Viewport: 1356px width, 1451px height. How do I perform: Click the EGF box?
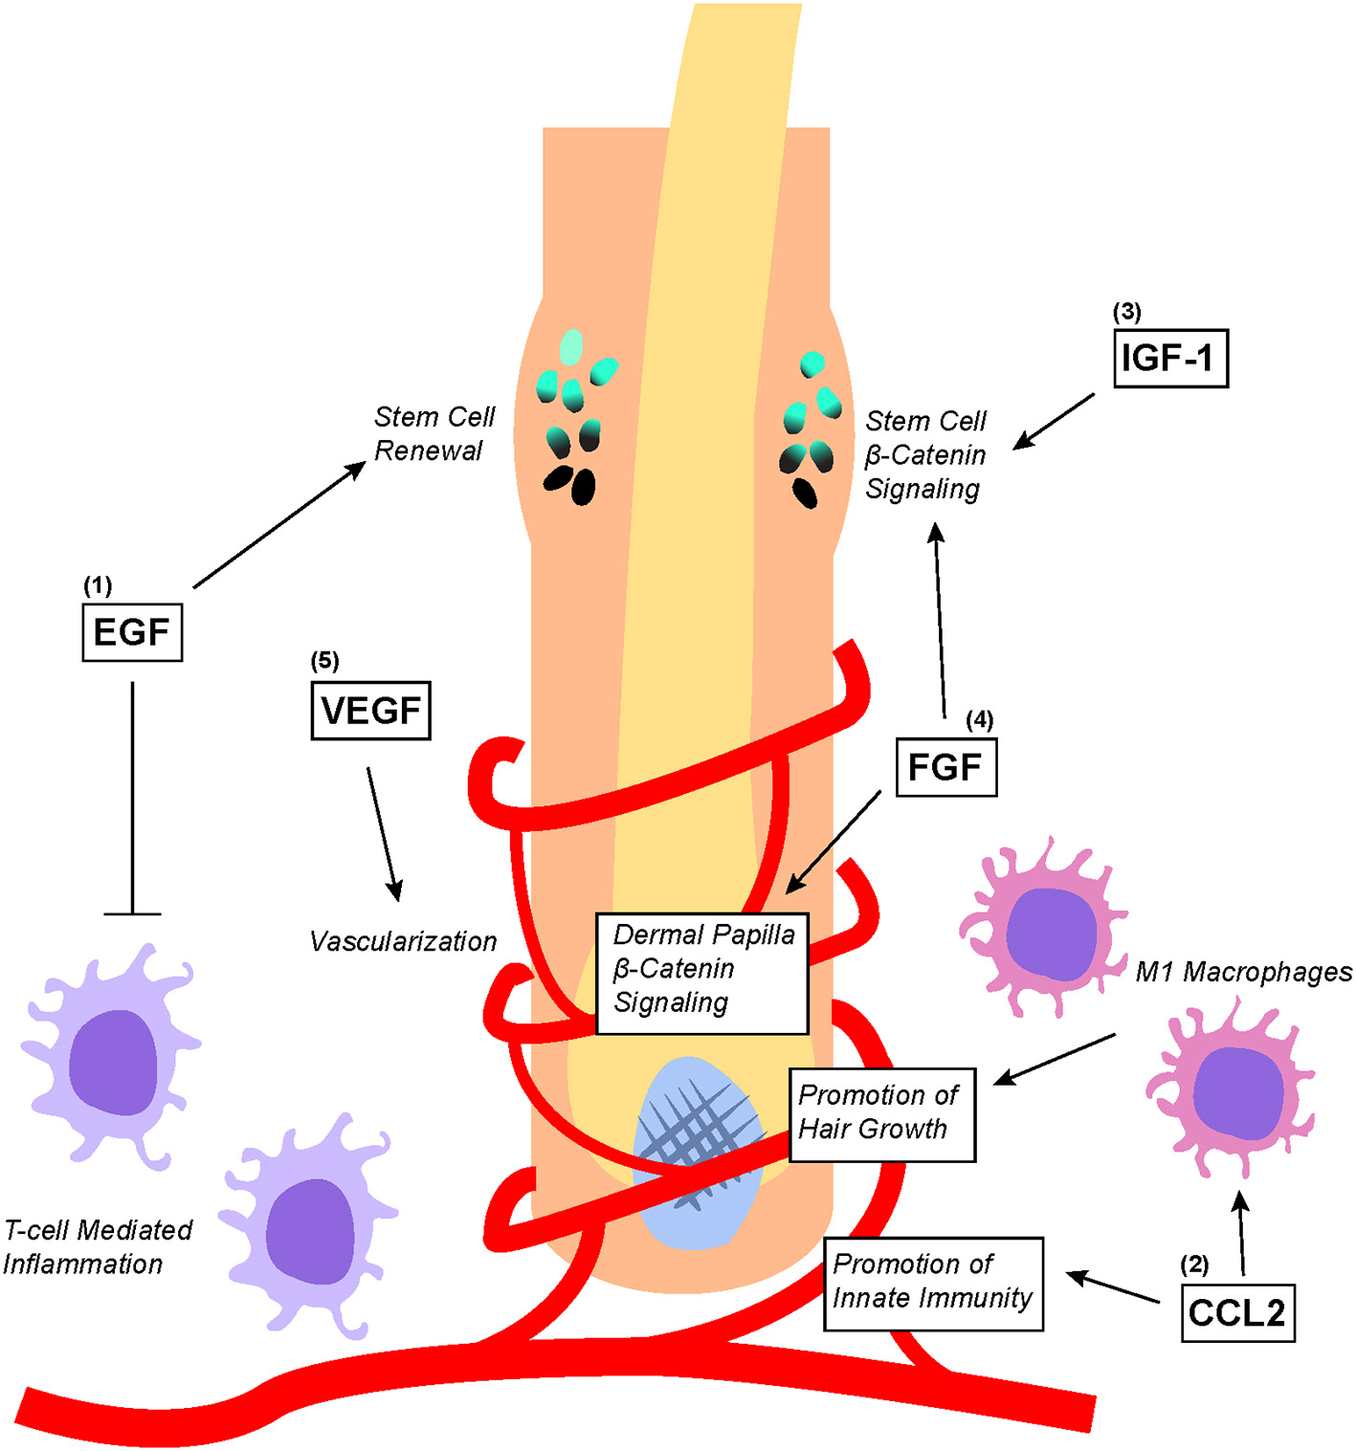coord(132,632)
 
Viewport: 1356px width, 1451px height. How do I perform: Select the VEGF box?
coord(371,711)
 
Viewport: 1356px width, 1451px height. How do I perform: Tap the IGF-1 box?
coord(1170,359)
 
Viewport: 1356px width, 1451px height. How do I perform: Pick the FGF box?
coord(945,767)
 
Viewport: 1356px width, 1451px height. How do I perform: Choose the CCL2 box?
coord(1236,1312)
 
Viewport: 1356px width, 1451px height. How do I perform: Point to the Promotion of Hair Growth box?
coord(881,1114)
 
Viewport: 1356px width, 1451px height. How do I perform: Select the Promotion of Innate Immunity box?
coord(933,1284)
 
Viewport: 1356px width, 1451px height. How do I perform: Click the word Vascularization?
coord(403,942)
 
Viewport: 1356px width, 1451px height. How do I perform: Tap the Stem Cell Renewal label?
coord(433,433)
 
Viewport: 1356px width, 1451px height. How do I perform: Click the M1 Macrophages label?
coord(1243,972)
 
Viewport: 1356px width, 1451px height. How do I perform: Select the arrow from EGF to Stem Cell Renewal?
coord(279,524)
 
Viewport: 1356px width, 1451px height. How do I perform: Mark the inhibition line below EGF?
coord(132,799)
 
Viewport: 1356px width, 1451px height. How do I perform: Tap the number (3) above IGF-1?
coord(1126,312)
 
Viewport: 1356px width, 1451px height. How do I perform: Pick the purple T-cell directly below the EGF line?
coord(113,1057)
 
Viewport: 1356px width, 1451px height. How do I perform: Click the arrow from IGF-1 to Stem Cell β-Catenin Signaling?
coord(1054,421)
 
